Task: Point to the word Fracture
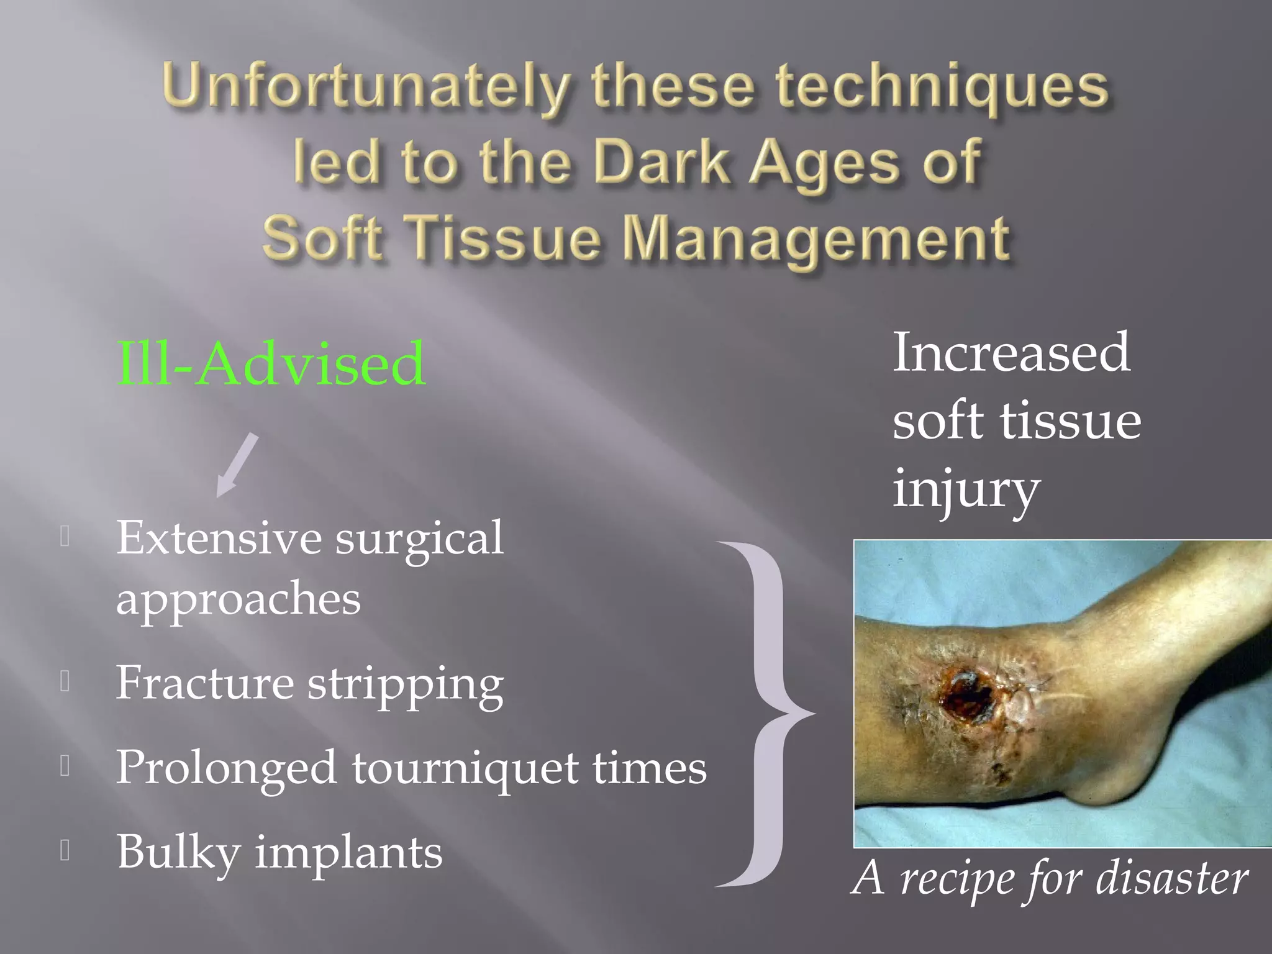pyautogui.click(x=205, y=683)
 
